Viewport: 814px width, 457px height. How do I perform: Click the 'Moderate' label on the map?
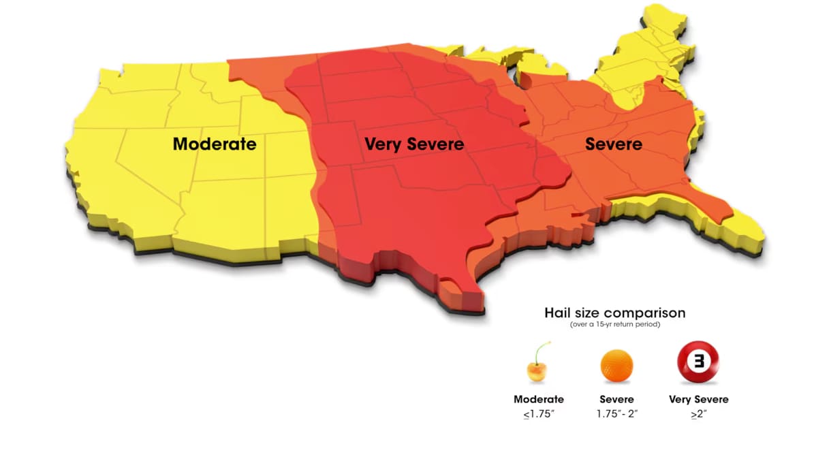215,144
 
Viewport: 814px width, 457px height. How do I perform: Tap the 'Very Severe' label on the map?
413,144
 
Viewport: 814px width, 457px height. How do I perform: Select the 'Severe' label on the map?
613,144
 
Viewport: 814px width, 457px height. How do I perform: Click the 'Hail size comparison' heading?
614,313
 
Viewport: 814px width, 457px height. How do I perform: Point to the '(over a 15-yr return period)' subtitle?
614,326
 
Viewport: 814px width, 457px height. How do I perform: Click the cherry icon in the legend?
537,370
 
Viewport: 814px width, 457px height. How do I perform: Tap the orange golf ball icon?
616,366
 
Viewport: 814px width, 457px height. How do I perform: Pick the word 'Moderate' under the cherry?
538,400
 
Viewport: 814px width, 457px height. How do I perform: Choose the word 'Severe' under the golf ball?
616,400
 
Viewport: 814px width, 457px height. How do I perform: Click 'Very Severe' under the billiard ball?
699,400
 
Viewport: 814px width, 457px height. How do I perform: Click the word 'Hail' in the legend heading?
557,313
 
